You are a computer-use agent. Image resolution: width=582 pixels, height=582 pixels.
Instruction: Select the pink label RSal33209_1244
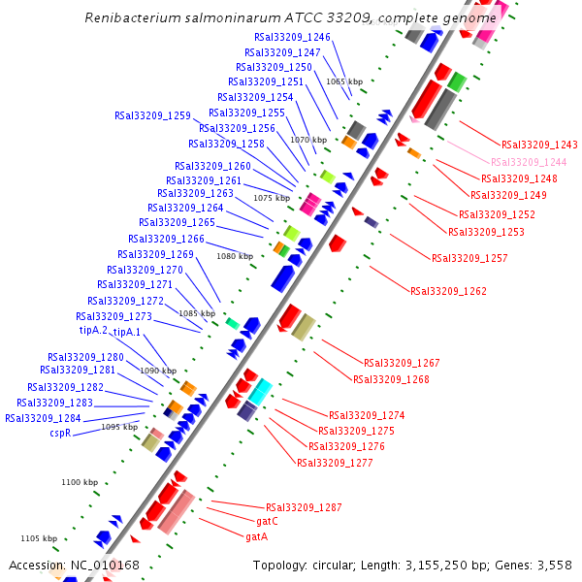click(x=529, y=162)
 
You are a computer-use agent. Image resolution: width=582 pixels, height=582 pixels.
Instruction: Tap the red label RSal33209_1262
click(x=448, y=290)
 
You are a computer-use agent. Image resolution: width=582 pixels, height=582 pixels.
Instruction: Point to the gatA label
click(x=256, y=536)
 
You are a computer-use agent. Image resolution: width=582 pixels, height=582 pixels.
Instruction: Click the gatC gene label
click(x=267, y=521)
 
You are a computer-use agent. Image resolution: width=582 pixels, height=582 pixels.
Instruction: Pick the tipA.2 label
click(x=93, y=331)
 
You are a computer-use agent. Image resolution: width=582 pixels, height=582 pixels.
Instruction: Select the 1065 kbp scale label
click(x=344, y=81)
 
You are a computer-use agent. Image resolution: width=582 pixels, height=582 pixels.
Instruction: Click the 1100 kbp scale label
click(x=80, y=482)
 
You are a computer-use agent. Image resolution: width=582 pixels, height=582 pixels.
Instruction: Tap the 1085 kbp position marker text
click(x=197, y=313)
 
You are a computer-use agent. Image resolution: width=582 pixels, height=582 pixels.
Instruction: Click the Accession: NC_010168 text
click(x=75, y=565)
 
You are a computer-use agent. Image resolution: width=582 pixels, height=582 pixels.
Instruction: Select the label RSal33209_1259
click(x=152, y=115)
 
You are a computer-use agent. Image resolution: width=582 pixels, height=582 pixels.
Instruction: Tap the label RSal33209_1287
click(x=304, y=507)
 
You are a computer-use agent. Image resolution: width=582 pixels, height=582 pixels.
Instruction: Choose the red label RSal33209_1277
click(x=335, y=462)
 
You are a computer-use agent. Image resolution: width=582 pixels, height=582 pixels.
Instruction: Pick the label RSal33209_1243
click(x=539, y=145)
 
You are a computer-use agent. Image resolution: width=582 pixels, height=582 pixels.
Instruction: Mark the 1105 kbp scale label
click(x=40, y=538)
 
